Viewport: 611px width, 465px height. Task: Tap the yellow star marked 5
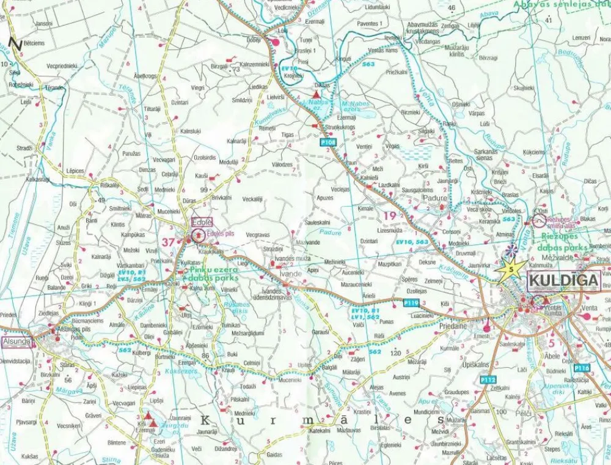click(x=511, y=269)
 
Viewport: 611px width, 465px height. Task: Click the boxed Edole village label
click(x=201, y=222)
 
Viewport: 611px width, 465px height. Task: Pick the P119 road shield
click(x=411, y=302)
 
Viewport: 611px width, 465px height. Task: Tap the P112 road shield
click(x=488, y=380)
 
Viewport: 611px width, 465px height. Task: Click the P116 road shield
click(x=582, y=368)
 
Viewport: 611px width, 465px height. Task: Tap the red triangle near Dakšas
click(x=316, y=94)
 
